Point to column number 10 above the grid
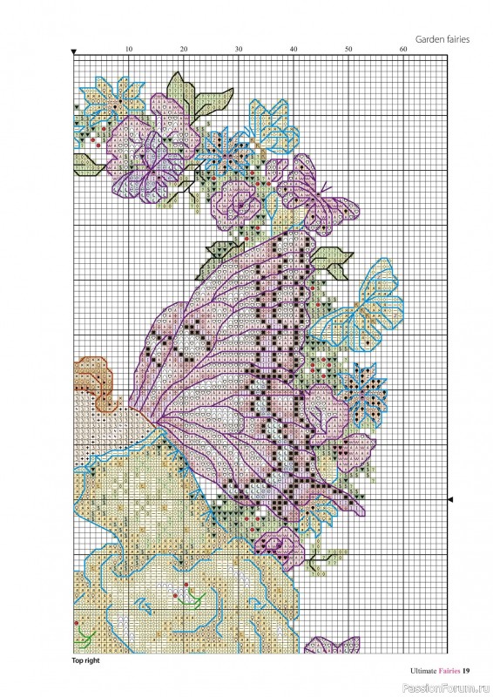coord(128,50)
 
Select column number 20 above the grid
coord(184,50)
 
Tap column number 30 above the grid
coord(239,50)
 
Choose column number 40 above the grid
coord(294,50)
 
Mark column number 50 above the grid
coord(348,50)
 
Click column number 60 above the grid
coord(403,50)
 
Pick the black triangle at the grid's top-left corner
coord(74,52)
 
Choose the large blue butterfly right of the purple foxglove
coord(357,301)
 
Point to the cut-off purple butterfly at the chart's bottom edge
coord(330,646)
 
